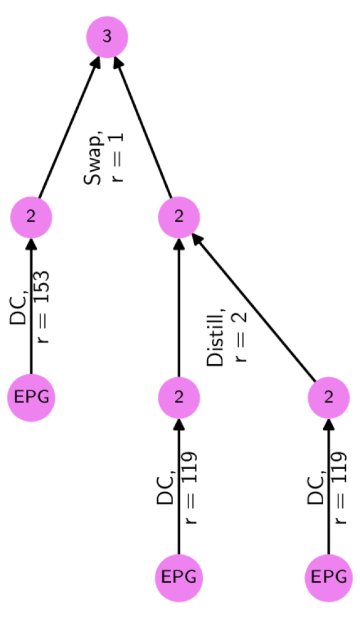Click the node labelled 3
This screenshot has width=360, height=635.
tap(107, 37)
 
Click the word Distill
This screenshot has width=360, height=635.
tap(217, 338)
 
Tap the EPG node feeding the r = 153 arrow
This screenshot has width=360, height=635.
tap(31, 397)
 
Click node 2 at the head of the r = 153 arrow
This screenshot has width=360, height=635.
tap(31, 217)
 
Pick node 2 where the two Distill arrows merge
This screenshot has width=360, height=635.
tap(179, 217)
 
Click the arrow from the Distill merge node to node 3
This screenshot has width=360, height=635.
tap(145, 132)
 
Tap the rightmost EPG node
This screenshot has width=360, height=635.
tap(329, 577)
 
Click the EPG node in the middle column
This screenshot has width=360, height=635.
tap(179, 577)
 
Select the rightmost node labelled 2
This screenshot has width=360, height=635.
tap(329, 397)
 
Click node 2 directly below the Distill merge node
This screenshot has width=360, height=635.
tap(179, 397)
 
